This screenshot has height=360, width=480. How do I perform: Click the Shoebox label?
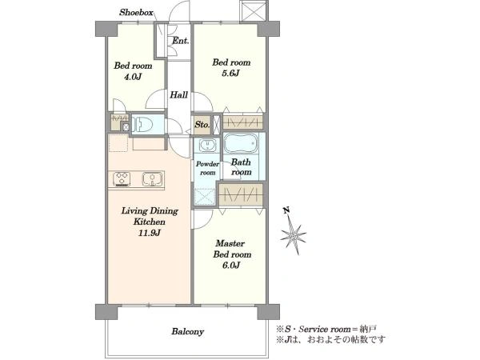[x=136, y=13]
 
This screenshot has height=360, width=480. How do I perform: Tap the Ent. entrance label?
[x=180, y=41]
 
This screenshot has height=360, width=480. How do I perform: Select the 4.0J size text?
[x=133, y=77]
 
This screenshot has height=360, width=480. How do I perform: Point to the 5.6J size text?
[x=230, y=74]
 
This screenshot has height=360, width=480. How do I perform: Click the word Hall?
[x=178, y=95]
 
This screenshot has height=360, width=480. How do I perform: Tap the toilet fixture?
[x=143, y=124]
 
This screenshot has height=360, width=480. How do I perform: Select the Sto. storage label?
[x=202, y=125]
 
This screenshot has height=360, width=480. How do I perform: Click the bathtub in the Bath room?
[x=241, y=143]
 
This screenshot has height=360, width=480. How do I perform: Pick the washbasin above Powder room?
[x=208, y=145]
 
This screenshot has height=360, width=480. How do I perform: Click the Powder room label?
[x=207, y=168]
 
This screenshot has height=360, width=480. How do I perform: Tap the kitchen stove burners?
[x=122, y=179]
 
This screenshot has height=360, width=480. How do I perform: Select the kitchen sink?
[x=152, y=179]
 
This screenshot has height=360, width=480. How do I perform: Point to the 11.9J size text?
[x=149, y=233]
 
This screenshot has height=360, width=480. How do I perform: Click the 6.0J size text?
[x=231, y=266]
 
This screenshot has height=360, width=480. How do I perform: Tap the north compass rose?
[x=294, y=235]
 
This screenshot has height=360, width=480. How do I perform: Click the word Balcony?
[x=188, y=331]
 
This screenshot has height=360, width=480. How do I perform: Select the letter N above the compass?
[x=286, y=210]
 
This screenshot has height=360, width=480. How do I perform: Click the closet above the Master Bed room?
[x=242, y=194]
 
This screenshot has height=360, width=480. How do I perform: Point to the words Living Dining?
[x=150, y=211]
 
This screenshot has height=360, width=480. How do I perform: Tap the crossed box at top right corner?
[x=254, y=11]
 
